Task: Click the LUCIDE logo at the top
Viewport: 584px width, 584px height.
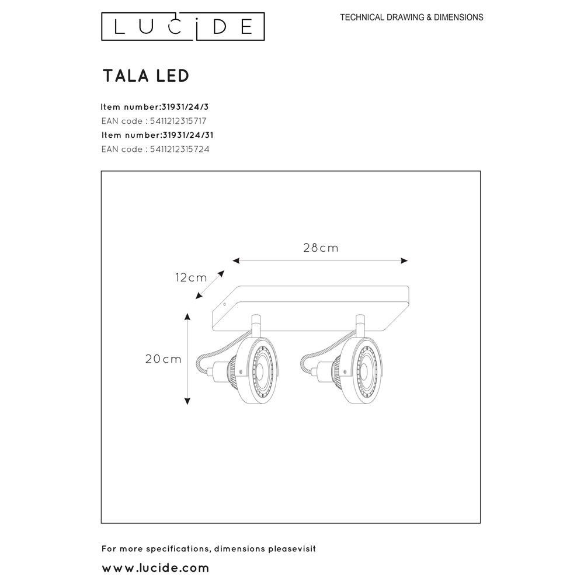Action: pos(183,27)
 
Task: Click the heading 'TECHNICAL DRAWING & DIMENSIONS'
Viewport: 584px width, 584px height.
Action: pos(412,18)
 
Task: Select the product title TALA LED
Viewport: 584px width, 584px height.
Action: pos(145,75)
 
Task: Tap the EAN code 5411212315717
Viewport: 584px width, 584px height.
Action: pos(154,121)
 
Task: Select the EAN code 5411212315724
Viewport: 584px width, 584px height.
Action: pos(155,149)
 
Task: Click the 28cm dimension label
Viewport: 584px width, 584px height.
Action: pos(321,248)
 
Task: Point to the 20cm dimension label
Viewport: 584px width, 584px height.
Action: pos(164,359)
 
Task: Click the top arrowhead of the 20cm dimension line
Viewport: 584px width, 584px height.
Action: pos(187,317)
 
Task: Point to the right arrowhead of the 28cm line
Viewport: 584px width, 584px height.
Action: pos(404,260)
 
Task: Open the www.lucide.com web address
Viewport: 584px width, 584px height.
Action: pos(155,567)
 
